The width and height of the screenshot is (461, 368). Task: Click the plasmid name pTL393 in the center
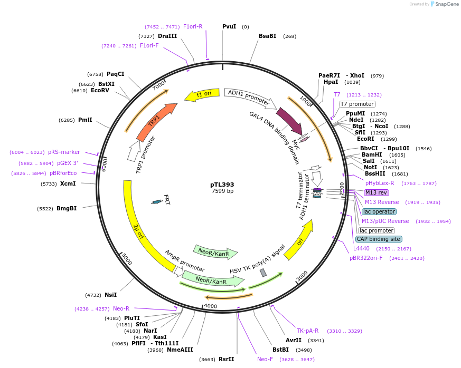coord(222,185)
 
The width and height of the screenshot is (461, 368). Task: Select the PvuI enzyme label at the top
coord(229,26)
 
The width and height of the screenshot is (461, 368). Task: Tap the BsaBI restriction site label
coord(267,36)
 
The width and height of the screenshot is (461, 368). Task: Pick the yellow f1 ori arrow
coord(201,94)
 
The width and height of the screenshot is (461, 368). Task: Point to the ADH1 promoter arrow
coord(249,97)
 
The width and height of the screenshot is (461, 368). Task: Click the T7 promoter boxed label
coord(357,104)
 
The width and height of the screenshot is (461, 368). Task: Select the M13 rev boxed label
coord(376,192)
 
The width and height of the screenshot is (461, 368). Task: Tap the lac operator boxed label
coord(379,211)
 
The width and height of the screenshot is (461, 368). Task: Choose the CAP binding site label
coord(379,239)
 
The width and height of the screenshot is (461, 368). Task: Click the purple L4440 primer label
coord(361,248)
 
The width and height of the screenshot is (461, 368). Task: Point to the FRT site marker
coord(156,201)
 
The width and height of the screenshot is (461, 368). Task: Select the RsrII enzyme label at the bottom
coord(226,359)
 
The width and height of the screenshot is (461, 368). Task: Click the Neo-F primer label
coord(265,359)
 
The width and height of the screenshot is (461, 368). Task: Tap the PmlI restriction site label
coord(84,120)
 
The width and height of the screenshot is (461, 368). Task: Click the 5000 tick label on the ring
coord(127,259)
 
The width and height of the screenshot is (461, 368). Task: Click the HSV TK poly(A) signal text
coord(257,259)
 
